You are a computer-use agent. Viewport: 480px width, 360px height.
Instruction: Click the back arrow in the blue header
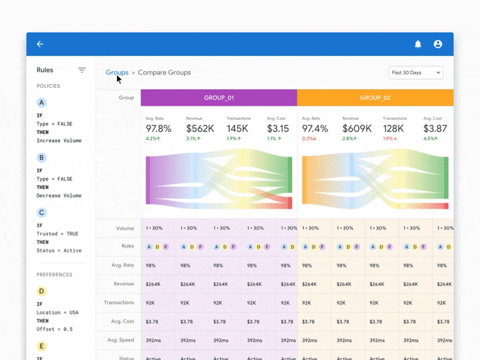[40, 44]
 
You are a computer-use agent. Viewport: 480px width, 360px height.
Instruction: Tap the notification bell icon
[418, 44]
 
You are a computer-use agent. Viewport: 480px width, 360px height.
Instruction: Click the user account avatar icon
[438, 44]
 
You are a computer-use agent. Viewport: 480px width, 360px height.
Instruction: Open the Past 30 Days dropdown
[416, 73]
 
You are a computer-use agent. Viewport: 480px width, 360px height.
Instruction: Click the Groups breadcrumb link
[117, 73]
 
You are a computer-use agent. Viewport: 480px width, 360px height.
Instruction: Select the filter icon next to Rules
[82, 70]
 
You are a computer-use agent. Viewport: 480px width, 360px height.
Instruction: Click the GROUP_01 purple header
[219, 98]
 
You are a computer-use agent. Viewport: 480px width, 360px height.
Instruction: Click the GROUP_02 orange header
[375, 98]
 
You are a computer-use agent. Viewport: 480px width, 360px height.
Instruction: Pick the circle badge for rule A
[41, 103]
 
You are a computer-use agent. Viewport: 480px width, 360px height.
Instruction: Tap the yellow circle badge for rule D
[41, 292]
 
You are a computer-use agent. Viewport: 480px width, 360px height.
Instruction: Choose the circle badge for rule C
[41, 212]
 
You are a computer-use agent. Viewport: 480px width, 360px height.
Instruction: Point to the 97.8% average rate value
[158, 128]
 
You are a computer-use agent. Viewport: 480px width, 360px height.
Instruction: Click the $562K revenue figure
[200, 128]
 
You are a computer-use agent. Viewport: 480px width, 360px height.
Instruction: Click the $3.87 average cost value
[436, 128]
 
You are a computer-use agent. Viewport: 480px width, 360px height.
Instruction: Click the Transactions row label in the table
[119, 303]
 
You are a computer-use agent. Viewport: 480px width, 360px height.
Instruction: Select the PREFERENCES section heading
[54, 275]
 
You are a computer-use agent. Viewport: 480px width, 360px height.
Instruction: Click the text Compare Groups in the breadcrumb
[164, 73]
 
